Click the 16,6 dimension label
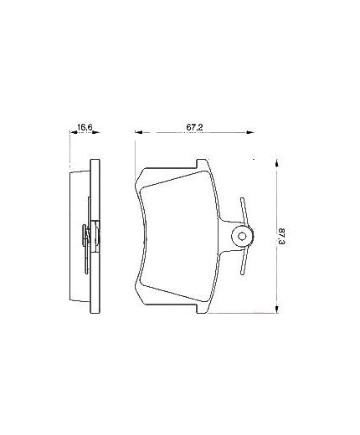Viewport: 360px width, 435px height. click(83, 127)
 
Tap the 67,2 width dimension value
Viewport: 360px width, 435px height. click(195, 127)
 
